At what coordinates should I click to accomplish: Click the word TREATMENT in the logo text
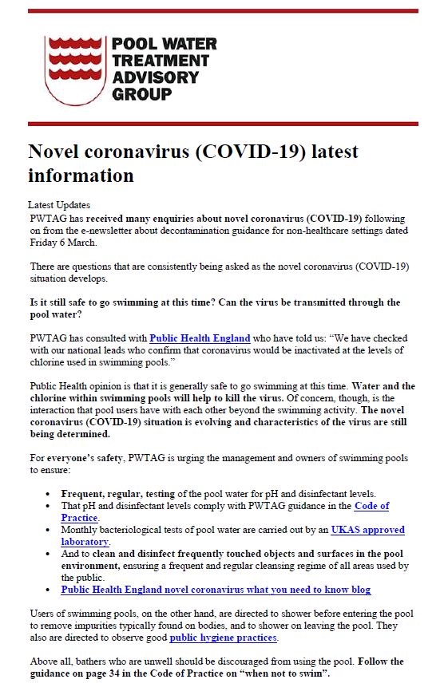pyautogui.click(x=161, y=61)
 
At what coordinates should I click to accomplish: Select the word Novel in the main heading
pyautogui.click(x=57, y=152)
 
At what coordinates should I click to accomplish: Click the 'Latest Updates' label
pyautogui.click(x=59, y=205)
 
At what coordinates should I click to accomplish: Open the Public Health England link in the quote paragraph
pyautogui.click(x=200, y=338)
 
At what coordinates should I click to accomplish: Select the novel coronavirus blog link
pyautogui.click(x=216, y=590)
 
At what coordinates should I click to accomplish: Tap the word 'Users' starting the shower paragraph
pyautogui.click(x=42, y=614)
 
